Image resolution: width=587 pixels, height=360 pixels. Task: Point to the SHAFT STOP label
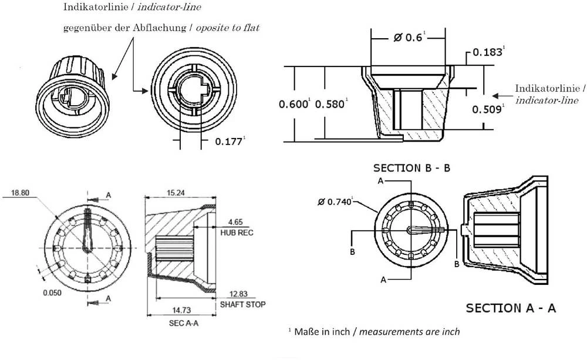(x=242, y=304)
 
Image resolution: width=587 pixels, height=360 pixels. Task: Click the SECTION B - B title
(x=411, y=167)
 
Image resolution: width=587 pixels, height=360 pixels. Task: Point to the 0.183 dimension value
(x=488, y=52)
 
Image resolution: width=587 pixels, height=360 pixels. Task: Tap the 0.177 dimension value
(x=229, y=141)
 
